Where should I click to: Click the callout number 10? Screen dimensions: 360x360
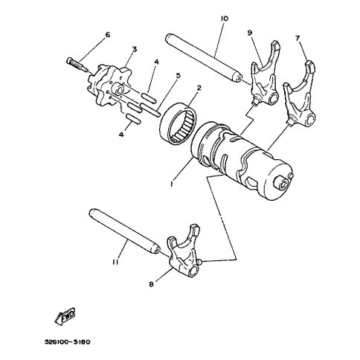(x=225, y=19)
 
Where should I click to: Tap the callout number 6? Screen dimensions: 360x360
(x=108, y=35)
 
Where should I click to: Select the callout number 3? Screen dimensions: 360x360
(x=135, y=49)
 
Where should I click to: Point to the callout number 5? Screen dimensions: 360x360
(x=179, y=75)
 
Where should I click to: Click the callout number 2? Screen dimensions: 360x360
(x=199, y=88)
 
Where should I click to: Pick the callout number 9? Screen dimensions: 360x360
(x=250, y=32)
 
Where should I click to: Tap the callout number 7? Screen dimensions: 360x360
(x=298, y=38)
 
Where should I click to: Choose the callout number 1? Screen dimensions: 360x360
(x=171, y=184)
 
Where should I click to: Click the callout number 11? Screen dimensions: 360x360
(x=115, y=262)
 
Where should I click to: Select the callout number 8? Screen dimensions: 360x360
(x=152, y=284)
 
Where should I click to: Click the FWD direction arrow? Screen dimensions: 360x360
(x=65, y=315)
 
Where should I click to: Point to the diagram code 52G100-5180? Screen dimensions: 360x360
(x=68, y=342)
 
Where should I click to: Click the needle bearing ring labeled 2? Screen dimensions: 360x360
(x=179, y=123)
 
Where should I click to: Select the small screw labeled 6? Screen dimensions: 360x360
(x=77, y=65)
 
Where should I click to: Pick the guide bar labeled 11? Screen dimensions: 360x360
(x=124, y=231)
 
